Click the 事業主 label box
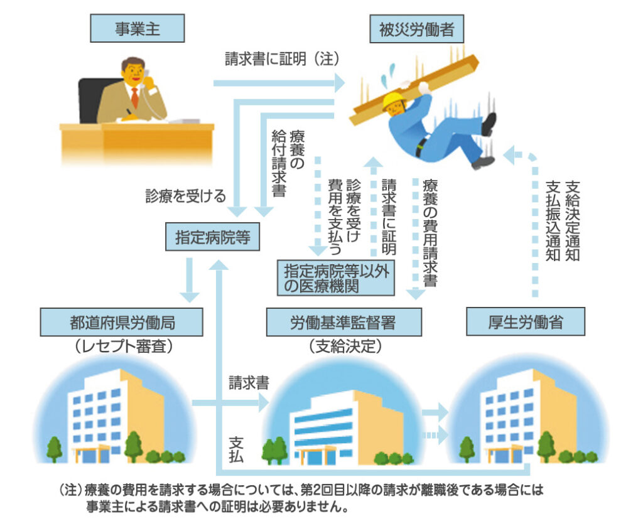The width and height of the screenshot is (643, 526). coord(138,28)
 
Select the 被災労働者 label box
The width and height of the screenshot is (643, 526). coord(417,29)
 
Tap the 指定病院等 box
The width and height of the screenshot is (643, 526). coord(212,237)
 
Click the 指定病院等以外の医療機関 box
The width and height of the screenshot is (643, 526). coord(336,278)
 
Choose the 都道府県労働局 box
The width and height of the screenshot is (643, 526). coord(121,322)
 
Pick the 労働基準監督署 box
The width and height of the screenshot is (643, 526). coord(343,322)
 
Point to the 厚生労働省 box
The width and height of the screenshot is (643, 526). coord(526,322)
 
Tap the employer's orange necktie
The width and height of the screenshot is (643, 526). coord(134,97)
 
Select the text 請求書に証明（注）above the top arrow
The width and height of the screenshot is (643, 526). coord(283,59)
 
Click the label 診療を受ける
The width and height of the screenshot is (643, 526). coord(186,196)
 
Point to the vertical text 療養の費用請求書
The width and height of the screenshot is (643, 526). coord(430,232)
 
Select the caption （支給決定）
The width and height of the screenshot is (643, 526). coord(345,346)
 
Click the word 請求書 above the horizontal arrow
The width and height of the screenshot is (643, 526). coord(249,383)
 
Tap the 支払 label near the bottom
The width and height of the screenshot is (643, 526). coord(237,450)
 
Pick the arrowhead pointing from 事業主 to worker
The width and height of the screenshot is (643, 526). coord(340,83)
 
